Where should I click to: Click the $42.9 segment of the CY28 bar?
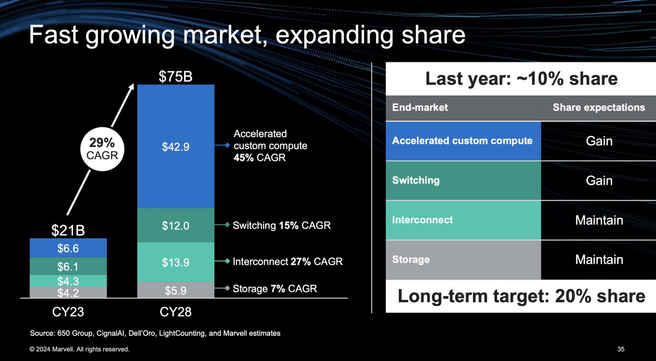(176, 147)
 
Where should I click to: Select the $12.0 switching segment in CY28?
(176, 226)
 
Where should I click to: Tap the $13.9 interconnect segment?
(176, 262)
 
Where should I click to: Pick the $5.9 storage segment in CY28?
(176, 290)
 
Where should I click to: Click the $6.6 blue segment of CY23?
(68, 248)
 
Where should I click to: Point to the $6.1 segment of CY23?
(68, 266)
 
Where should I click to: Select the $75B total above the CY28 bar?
(175, 76)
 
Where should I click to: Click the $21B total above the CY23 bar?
(68, 230)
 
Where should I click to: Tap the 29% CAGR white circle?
(102, 149)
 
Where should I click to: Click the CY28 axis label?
(176, 312)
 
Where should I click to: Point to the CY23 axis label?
(68, 312)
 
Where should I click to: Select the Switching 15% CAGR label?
(282, 225)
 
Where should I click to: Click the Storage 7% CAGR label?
(275, 289)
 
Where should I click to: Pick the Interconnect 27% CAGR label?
(287, 262)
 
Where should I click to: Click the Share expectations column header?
(599, 107)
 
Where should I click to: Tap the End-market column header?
(420, 107)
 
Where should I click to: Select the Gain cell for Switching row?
(599, 180)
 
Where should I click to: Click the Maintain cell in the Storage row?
(599, 259)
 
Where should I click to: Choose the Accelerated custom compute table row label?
(462, 141)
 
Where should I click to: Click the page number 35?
(621, 349)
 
